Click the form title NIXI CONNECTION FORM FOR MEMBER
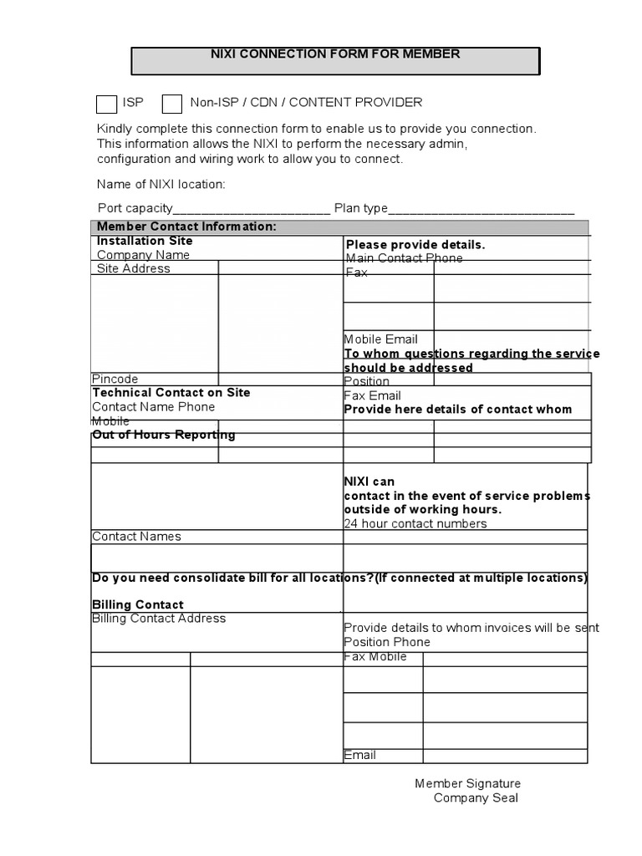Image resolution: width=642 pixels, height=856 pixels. pyautogui.click(x=334, y=53)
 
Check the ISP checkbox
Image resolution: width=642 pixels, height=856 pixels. pyautogui.click(x=106, y=104)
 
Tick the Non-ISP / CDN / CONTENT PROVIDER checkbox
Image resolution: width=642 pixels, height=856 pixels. pyautogui.click(x=172, y=104)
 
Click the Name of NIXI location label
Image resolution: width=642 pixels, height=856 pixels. pyautogui.click(x=161, y=184)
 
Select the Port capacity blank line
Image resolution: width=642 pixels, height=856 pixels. pyautogui.click(x=252, y=209)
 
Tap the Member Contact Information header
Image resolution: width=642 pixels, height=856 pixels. pyautogui.click(x=186, y=227)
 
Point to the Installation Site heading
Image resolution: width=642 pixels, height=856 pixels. pyautogui.click(x=145, y=241)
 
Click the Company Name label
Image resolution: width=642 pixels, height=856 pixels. pyautogui.click(x=143, y=255)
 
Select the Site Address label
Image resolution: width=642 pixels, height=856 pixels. pyautogui.click(x=133, y=268)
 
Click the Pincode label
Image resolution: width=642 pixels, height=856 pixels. pyautogui.click(x=115, y=379)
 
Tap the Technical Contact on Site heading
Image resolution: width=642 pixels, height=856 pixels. pyautogui.click(x=171, y=392)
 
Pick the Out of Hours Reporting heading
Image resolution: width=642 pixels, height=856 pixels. pyautogui.click(x=163, y=435)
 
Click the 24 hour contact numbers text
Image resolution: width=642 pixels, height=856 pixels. pyautogui.click(x=415, y=523)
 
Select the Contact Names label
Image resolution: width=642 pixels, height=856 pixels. pyautogui.click(x=136, y=537)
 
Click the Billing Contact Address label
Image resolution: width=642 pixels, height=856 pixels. pyautogui.click(x=158, y=619)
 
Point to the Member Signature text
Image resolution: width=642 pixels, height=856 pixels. pyautogui.click(x=467, y=783)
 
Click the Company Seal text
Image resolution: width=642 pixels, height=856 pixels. pyautogui.click(x=475, y=797)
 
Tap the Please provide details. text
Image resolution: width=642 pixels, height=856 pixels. pyautogui.click(x=415, y=245)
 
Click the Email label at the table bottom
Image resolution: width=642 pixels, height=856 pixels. pyautogui.click(x=360, y=755)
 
